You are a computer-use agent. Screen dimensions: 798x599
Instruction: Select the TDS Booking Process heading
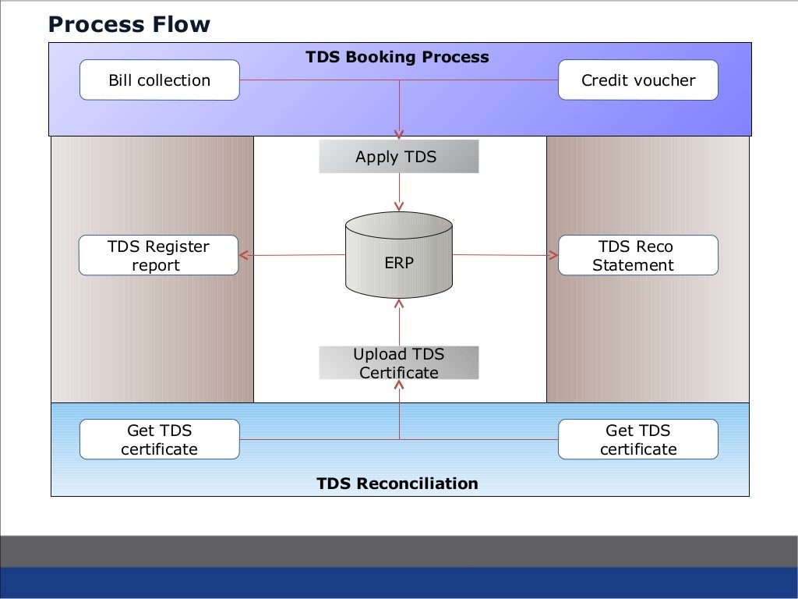(397, 56)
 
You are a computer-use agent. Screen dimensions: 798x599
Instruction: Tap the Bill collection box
(159, 80)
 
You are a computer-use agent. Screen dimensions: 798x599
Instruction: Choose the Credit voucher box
(638, 80)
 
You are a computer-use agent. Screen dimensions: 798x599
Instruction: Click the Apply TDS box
(398, 156)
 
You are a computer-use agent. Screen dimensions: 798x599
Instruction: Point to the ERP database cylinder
(399, 255)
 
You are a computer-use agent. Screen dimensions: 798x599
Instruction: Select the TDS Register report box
(158, 255)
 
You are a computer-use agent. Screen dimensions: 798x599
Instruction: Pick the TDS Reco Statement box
(638, 255)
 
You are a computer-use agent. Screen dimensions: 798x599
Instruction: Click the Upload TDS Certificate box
(398, 363)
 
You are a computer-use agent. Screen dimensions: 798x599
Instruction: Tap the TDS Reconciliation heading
(397, 483)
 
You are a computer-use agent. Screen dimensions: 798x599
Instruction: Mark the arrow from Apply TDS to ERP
(399, 192)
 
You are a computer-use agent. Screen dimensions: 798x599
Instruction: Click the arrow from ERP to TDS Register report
(292, 255)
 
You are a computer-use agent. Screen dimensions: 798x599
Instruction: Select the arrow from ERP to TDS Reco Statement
(505, 255)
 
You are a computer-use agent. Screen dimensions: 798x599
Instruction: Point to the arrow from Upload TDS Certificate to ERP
(399, 322)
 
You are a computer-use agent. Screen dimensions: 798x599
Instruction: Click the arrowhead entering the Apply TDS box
(399, 135)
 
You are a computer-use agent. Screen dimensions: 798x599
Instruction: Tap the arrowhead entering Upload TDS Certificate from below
(399, 385)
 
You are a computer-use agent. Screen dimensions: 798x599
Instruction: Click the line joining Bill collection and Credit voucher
(399, 80)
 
